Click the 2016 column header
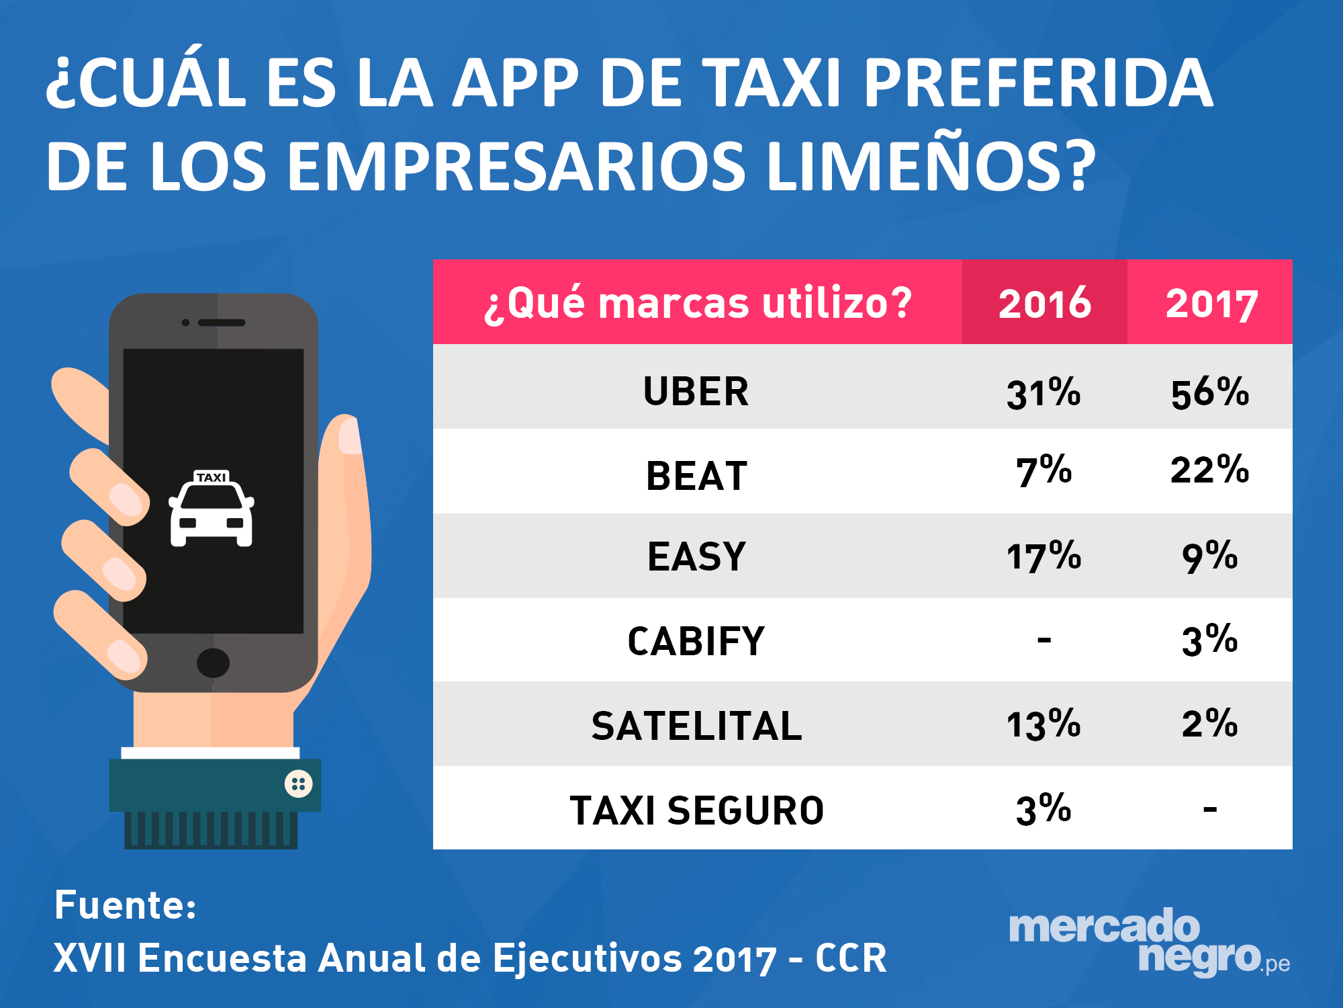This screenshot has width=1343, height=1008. [x=1044, y=303]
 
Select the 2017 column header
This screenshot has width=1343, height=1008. [x=1211, y=303]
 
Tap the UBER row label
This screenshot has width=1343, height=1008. [x=696, y=391]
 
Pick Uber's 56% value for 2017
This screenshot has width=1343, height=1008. [x=1210, y=392]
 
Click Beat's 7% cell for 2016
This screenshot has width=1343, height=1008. [x=1044, y=471]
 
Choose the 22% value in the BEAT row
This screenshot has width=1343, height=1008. [x=1210, y=470]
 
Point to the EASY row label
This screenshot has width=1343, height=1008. [x=696, y=557]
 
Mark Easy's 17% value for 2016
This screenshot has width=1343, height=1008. [x=1044, y=557]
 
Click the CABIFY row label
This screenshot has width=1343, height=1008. [x=696, y=641]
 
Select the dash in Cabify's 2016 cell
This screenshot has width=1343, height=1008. [x=1044, y=640]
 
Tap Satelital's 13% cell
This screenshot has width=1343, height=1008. [x=1044, y=725]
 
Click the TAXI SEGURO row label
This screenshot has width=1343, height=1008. [x=696, y=810]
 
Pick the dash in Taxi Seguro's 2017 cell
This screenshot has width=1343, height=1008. [x=1210, y=808]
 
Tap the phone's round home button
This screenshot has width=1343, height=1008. [x=213, y=663]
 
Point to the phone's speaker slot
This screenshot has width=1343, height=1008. [x=222, y=323]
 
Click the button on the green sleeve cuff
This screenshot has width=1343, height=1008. [x=298, y=784]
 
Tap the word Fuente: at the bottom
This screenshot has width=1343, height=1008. [x=126, y=905]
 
